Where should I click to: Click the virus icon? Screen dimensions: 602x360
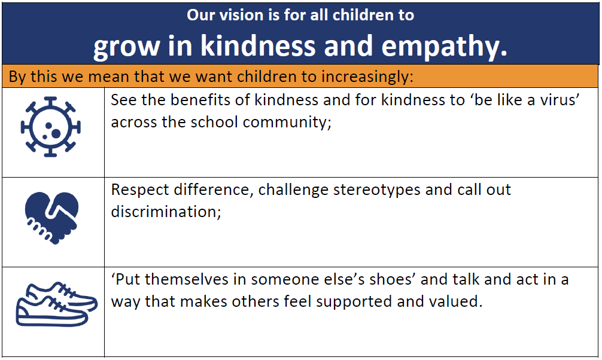50,127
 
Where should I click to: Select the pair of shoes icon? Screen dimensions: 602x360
56,304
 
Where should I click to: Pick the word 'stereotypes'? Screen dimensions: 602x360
376,190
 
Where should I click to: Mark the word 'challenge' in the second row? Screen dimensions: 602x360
293,190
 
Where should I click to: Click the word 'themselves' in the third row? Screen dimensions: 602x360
187,279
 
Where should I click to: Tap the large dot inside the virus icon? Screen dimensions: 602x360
56,133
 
